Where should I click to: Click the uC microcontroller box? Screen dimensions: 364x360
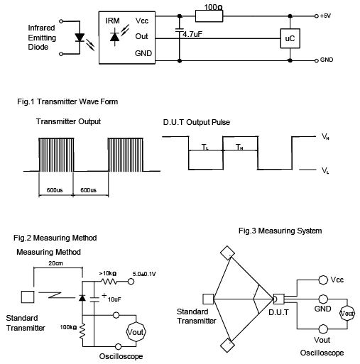(x=289, y=38)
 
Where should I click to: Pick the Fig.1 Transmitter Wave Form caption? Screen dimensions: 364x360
(x=67, y=101)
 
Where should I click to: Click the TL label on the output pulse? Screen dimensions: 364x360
(x=204, y=148)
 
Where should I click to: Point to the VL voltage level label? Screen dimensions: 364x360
(x=324, y=171)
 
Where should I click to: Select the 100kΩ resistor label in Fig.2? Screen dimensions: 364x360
(x=69, y=329)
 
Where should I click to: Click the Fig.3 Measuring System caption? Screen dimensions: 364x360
(x=280, y=231)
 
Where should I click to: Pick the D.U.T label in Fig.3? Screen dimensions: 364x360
(x=279, y=310)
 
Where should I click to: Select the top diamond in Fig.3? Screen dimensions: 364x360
(x=227, y=253)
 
